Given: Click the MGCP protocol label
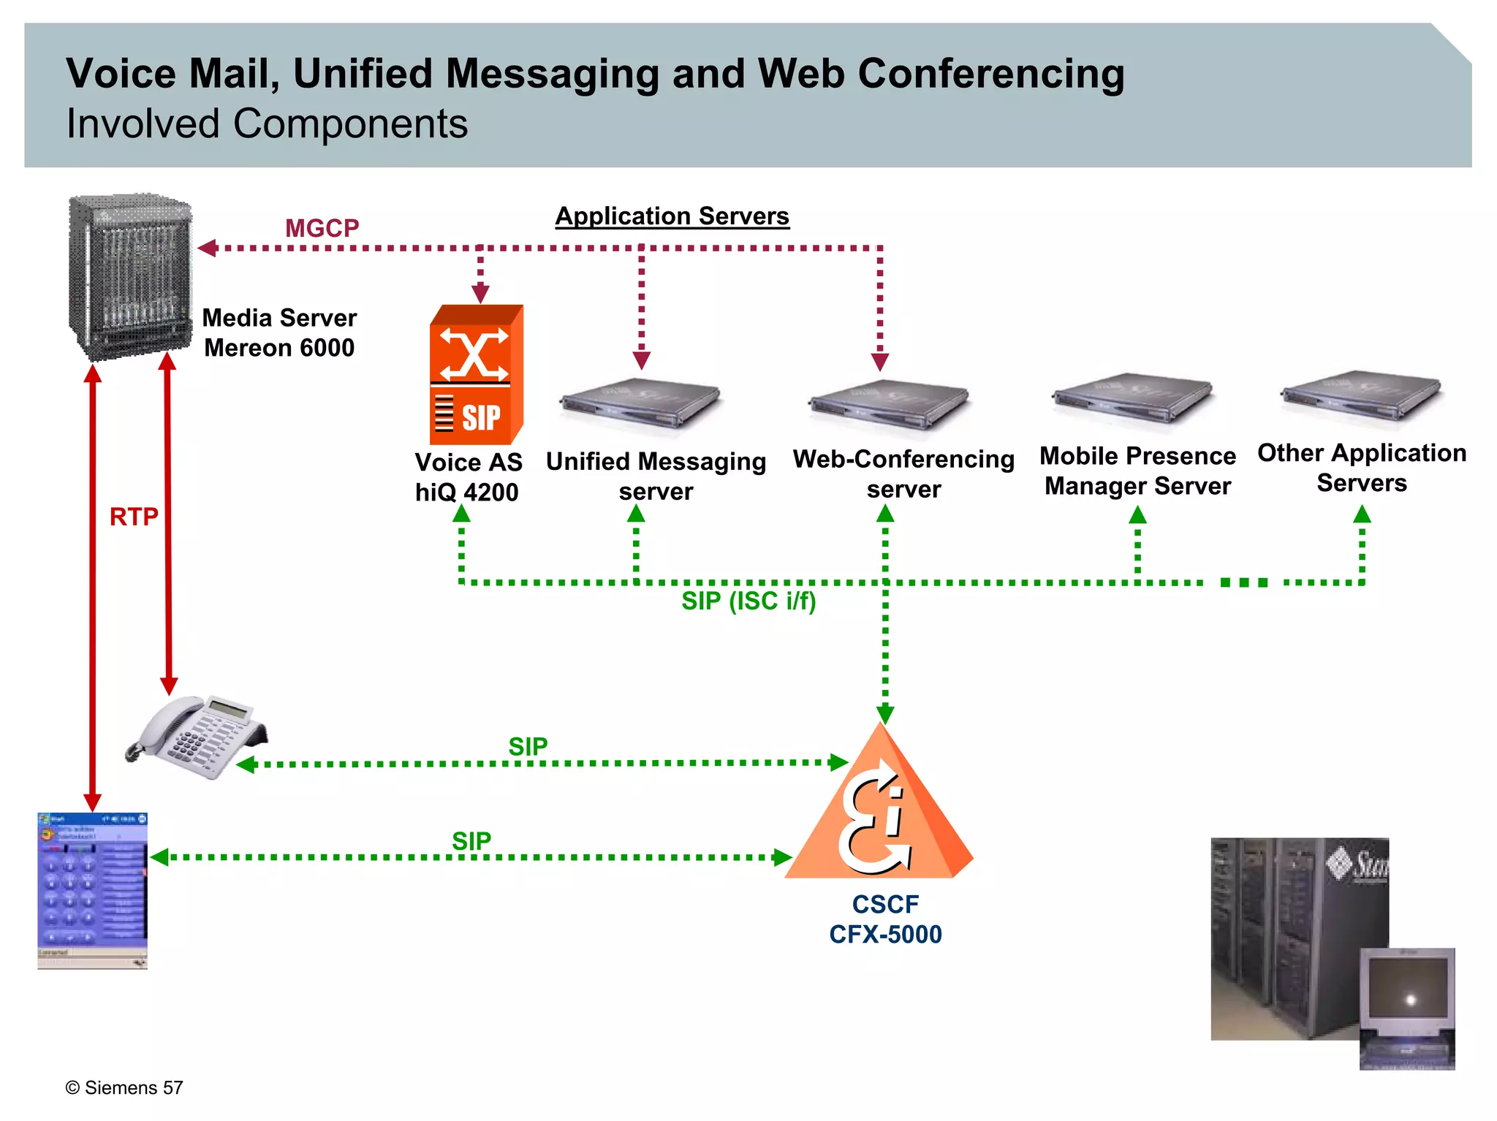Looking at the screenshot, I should [322, 228].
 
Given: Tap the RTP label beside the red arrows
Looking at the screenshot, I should [134, 517].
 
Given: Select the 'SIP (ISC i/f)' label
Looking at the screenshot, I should [748, 601].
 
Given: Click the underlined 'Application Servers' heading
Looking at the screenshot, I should [672, 216].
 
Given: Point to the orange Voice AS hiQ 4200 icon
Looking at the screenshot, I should [476, 375].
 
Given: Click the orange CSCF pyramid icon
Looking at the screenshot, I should [879, 811].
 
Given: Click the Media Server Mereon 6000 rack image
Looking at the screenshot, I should [130, 278].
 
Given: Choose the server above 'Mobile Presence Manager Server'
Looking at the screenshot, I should [1132, 399].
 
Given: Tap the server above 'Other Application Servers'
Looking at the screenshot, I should [1360, 395].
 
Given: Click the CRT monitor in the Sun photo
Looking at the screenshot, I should [1407, 997].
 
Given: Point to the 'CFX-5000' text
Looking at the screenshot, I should [885, 935].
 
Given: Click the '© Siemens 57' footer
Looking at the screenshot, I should [124, 1087].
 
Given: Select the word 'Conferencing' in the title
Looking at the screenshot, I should [990, 74].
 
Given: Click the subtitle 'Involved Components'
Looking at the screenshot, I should [267, 123].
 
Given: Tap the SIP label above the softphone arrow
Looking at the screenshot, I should [471, 841].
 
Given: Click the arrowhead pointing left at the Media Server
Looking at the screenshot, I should [207, 248].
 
